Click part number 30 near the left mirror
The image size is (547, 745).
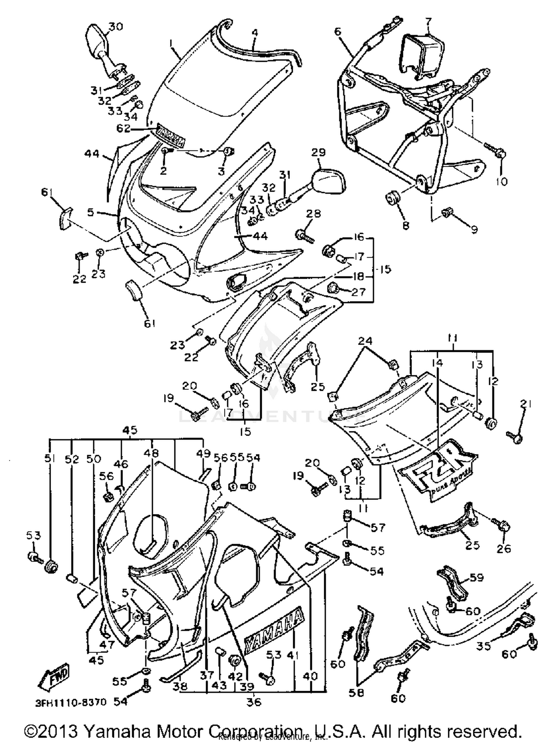[x=116, y=27]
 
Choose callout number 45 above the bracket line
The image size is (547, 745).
[x=130, y=430]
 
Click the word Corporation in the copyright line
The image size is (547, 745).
[x=255, y=731]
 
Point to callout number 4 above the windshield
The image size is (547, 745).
[x=255, y=32]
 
